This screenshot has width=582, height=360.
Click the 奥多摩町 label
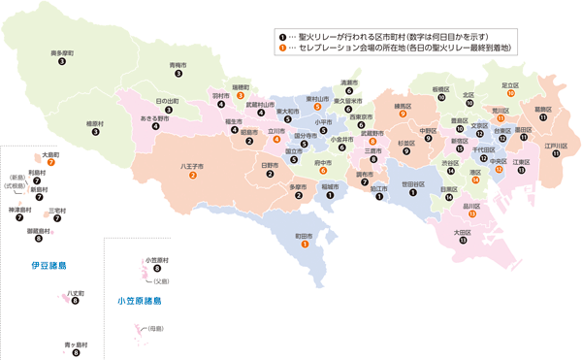[61, 51]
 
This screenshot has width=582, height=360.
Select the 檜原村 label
[95, 123]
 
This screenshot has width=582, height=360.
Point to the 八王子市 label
[192, 166]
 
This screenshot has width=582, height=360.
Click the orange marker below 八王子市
[192, 176]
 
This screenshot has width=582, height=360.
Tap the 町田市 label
[306, 235]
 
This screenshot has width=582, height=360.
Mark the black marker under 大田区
[462, 241]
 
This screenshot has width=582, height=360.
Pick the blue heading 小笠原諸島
[139, 302]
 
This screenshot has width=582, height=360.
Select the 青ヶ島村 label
[76, 344]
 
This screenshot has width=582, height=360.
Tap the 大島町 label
[51, 153]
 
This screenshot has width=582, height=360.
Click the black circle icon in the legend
[282, 35]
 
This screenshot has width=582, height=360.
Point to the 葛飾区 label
[542, 109]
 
